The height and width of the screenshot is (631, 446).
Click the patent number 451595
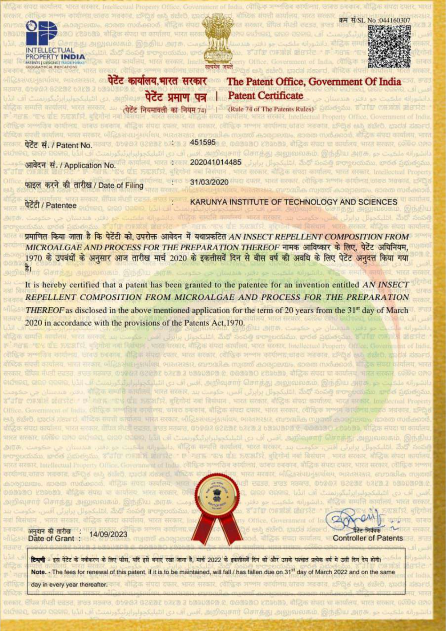click(202, 142)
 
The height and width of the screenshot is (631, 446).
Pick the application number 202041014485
click(215, 162)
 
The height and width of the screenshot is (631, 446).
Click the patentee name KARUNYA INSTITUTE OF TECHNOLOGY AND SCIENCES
click(293, 202)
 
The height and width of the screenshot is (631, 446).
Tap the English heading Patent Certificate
click(265, 96)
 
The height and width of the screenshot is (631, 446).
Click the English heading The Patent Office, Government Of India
click(314, 82)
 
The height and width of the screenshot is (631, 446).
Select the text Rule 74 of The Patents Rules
click(271, 109)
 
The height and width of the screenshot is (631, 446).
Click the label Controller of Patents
click(368, 538)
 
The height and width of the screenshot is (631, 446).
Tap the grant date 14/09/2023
click(108, 534)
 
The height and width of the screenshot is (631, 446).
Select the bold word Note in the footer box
click(38, 572)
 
